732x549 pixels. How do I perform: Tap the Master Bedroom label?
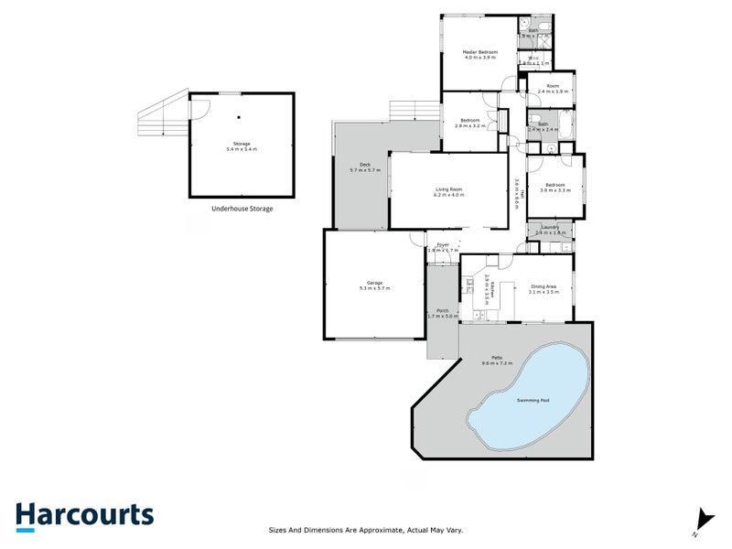[x=480, y=52]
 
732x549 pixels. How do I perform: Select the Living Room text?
[x=449, y=189]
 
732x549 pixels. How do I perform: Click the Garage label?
[x=375, y=283]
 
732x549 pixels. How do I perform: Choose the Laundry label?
[x=550, y=227]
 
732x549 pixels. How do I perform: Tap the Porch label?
[x=442, y=310]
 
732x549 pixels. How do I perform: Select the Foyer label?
[x=443, y=244]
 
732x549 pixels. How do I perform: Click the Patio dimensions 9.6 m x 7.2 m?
[x=499, y=363]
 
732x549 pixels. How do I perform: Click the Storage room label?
[x=242, y=144]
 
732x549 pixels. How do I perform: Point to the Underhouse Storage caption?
[x=242, y=209]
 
